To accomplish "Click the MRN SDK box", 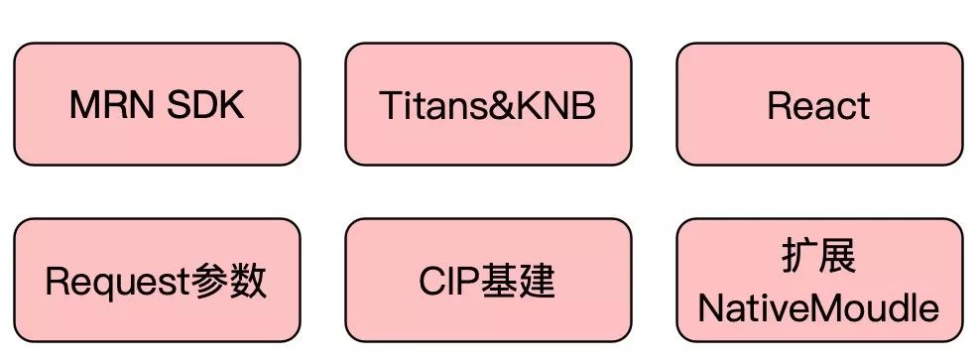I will point(157,103).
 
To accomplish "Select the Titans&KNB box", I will point(488,103).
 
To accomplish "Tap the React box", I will point(819,103).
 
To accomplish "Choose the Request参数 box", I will point(157,281).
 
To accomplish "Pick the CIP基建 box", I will point(488,281).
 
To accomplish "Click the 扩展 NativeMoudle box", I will point(819,281).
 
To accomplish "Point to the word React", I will point(819,105).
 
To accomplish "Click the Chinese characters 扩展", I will point(819,257).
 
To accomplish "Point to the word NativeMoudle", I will point(819,307).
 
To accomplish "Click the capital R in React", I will point(779,105).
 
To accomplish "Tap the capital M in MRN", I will point(84,104).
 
